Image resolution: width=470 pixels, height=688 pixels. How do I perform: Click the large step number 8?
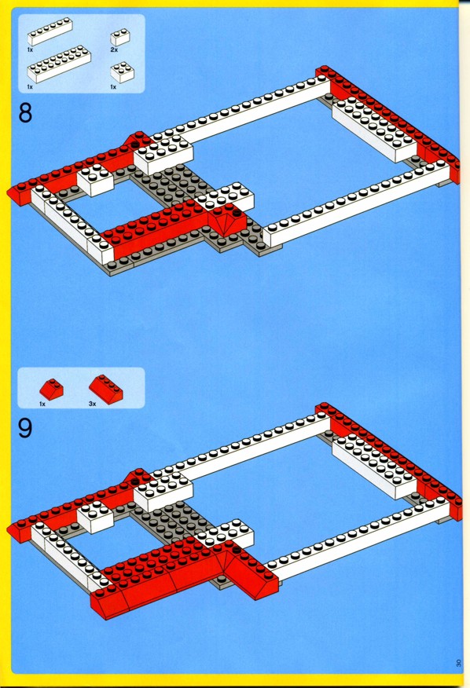[x=25, y=113]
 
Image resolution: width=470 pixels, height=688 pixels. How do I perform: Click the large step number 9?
[x=25, y=428]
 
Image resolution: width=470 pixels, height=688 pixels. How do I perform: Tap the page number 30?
[x=458, y=663]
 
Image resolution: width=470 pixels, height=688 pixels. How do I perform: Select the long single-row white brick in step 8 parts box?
[x=50, y=31]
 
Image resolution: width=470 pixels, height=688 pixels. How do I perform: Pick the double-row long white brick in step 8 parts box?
[x=59, y=66]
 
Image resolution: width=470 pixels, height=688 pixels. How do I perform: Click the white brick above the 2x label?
[x=120, y=37]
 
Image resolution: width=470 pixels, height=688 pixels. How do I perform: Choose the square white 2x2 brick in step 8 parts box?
[x=122, y=72]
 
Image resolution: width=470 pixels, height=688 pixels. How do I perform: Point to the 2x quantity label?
[x=114, y=50]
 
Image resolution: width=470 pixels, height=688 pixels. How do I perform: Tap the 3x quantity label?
[x=92, y=404]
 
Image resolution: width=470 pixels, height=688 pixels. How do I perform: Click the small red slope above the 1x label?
[x=51, y=390]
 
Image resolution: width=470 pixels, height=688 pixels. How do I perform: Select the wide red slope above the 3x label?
[x=106, y=388]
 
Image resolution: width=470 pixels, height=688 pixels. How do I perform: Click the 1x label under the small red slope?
[x=42, y=404]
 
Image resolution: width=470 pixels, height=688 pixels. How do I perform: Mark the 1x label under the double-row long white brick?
[x=30, y=87]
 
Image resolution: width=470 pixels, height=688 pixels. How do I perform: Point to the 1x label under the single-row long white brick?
[x=30, y=50]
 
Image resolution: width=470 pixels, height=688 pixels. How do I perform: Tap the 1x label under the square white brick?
[x=113, y=87]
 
